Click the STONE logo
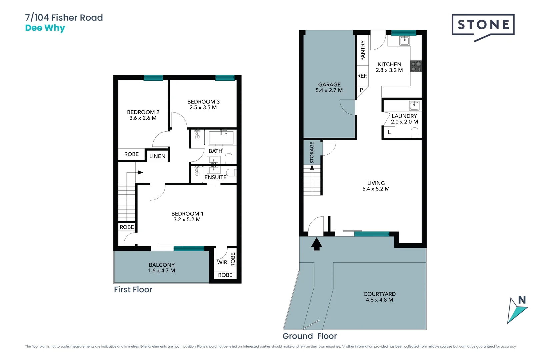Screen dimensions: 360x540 [483, 25]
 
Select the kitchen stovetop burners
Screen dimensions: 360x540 [416, 66]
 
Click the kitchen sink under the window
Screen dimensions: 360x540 [404, 41]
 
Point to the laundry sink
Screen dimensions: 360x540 [414, 106]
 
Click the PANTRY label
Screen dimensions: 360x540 [363, 50]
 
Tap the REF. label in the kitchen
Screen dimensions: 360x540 [362, 76]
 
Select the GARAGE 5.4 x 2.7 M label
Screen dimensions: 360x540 [329, 87]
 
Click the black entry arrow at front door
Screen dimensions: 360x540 [316, 244]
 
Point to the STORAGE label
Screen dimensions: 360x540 [312, 152]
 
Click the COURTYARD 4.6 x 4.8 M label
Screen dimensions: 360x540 [379, 297]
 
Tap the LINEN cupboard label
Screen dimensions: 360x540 [157, 156]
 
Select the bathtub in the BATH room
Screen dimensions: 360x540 [221, 137]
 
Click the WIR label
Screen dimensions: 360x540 [222, 262]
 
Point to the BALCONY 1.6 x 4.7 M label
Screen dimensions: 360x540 [162, 268]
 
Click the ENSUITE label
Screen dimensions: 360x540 [215, 177]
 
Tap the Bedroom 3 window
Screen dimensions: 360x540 [225, 78]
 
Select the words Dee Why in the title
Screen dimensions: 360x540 [45, 28]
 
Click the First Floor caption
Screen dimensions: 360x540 [133, 289]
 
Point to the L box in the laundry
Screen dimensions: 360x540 [389, 132]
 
